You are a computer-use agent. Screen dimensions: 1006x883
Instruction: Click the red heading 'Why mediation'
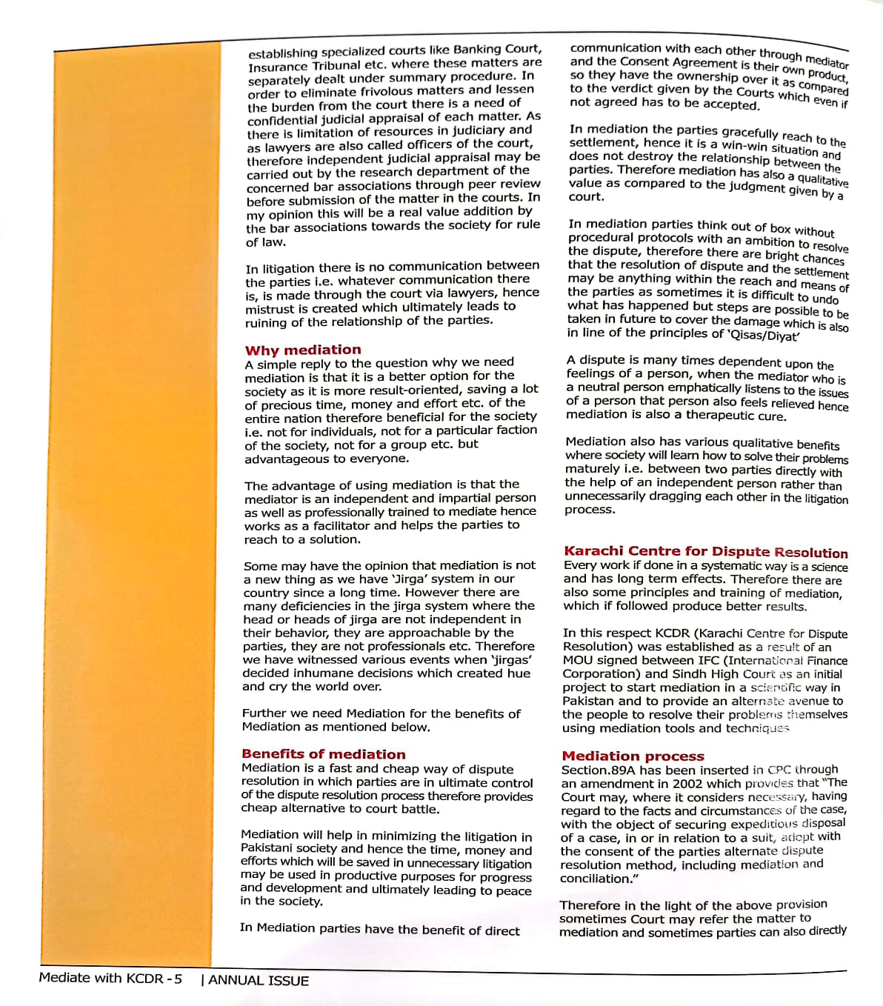[x=303, y=350]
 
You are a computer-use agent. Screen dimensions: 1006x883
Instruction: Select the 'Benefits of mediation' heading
[x=324, y=754]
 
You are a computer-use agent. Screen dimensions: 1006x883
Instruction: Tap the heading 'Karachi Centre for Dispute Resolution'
[x=705, y=552]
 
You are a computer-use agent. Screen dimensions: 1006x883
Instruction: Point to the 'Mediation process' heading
[x=633, y=756]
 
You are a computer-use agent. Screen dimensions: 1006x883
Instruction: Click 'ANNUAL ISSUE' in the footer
[x=259, y=980]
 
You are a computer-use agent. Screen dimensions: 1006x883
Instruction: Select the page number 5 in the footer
[x=178, y=979]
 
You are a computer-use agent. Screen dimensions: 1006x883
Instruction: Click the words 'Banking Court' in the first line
[x=497, y=49]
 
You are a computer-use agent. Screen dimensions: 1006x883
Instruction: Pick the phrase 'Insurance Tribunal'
[x=304, y=66]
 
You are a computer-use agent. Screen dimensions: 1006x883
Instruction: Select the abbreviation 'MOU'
[x=577, y=660]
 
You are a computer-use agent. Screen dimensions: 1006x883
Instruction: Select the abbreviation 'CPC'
[x=779, y=770]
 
